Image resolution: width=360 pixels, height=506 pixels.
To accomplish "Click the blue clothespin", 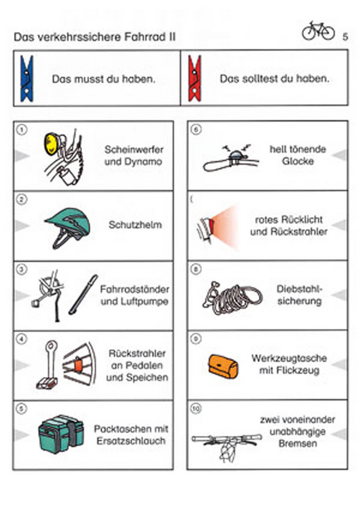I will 28,78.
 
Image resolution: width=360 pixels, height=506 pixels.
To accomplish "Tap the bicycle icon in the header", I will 318,31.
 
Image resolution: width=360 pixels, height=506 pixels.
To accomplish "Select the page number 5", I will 344,36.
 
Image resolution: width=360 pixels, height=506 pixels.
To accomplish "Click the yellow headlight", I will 54,141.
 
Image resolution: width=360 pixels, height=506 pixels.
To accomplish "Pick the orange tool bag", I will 223,364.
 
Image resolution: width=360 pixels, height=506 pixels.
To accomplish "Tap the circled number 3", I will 22,269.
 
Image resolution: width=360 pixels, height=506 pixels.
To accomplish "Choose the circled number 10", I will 196,409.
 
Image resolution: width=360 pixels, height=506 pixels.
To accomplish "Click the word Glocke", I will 297,162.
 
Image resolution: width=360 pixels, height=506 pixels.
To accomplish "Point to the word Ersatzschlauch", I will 131,441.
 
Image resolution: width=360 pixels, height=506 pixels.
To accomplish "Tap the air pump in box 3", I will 82,294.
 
